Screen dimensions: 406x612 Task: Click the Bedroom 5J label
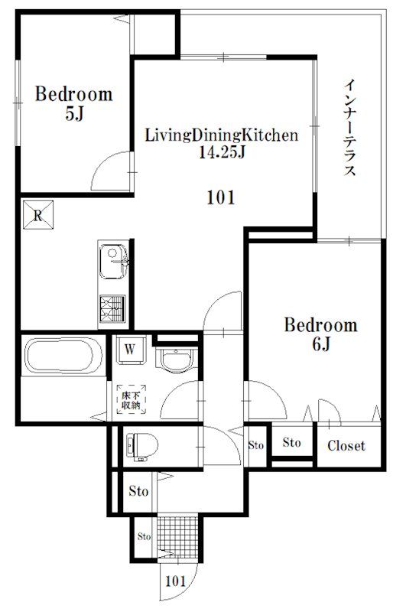(x=73, y=103)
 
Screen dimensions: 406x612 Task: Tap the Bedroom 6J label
(x=320, y=334)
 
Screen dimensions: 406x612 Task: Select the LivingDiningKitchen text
(x=222, y=135)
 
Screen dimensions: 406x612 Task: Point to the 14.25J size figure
(x=222, y=151)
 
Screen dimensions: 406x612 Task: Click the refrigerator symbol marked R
(x=37, y=215)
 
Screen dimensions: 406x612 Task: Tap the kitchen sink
(x=113, y=261)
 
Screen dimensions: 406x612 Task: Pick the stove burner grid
(x=112, y=308)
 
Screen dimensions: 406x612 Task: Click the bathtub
(x=63, y=355)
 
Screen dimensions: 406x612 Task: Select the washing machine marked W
(x=130, y=350)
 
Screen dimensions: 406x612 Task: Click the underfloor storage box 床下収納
(x=131, y=399)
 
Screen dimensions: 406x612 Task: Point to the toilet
(x=142, y=445)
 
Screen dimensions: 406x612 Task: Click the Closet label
(x=346, y=445)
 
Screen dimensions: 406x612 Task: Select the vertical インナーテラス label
(x=350, y=127)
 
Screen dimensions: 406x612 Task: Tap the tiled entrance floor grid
(x=178, y=537)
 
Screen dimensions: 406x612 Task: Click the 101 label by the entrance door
(x=176, y=581)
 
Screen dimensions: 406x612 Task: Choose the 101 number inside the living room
(x=221, y=197)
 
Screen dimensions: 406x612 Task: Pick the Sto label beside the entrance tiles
(x=144, y=537)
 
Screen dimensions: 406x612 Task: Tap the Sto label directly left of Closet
(x=292, y=442)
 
